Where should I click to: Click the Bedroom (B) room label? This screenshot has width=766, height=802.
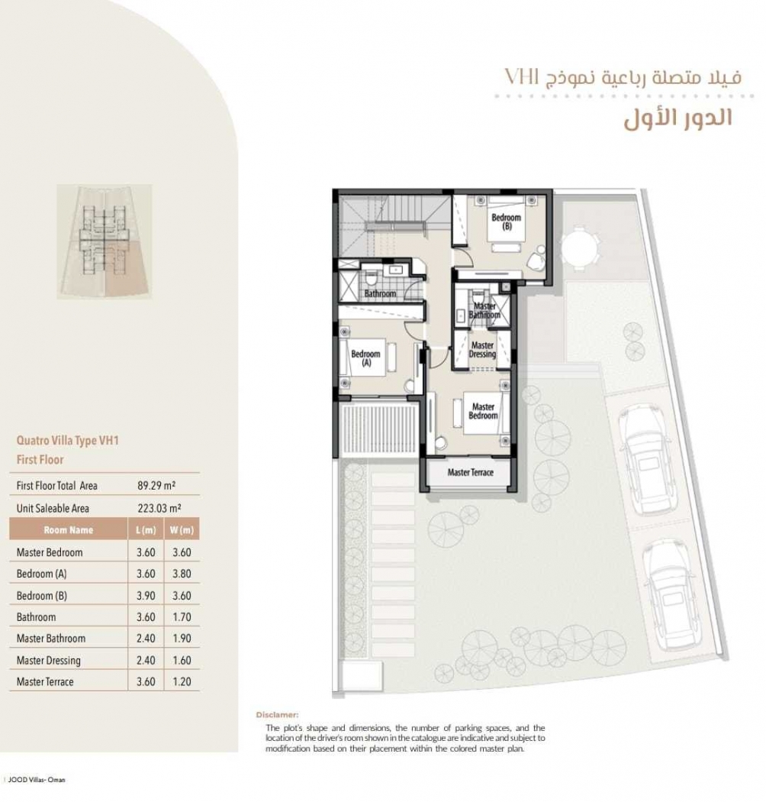506,222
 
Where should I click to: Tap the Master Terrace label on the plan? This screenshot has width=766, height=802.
470,472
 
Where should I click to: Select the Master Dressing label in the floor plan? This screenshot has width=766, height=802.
482,350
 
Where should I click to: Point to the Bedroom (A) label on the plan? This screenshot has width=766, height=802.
365,358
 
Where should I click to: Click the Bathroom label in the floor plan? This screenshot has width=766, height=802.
380,293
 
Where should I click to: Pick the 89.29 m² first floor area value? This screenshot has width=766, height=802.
156,485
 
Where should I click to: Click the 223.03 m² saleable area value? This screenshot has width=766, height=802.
159,508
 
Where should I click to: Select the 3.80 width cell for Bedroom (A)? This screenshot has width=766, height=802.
182,574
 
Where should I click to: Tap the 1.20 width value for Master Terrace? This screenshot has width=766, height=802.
182,682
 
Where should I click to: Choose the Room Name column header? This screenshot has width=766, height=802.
69,530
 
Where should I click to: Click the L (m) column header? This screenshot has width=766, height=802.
146,530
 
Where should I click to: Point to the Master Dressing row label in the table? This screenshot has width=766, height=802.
49,661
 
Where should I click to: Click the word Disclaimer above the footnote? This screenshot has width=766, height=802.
277,715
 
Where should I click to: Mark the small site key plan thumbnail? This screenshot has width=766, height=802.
105,241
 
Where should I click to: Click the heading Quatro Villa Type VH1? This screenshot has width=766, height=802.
67,441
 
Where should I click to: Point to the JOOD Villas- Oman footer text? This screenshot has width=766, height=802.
37,780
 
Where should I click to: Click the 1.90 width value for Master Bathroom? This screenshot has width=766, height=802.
182,639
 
